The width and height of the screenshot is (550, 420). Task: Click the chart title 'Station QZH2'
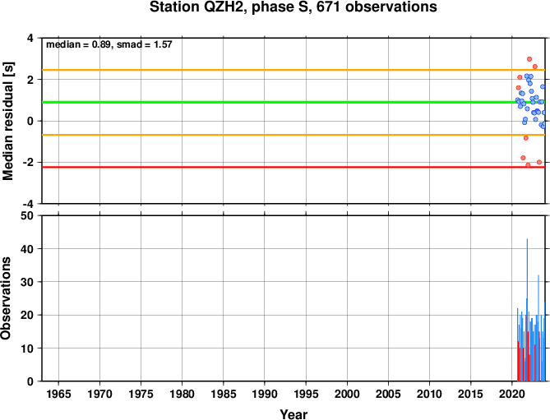tap(198, 7)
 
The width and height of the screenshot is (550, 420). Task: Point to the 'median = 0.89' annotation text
tap(79, 44)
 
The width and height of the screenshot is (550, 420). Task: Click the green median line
tap(293, 103)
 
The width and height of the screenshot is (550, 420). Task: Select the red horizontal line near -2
tap(293, 167)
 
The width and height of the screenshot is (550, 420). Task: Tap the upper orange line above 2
tap(293, 70)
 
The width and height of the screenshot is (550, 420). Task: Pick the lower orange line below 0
tap(293, 135)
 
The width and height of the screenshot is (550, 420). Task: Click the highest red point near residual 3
tap(529, 59)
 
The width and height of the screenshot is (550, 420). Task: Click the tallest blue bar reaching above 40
tap(527, 310)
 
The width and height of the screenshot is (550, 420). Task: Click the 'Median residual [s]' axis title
tap(7, 121)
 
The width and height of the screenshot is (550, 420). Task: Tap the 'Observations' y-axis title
tap(6, 298)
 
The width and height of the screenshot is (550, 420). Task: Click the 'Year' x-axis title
tap(293, 414)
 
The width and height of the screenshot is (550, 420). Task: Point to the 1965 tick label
tap(58, 394)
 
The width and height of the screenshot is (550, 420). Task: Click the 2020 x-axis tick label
tap(511, 394)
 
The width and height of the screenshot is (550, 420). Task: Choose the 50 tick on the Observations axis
tap(27, 215)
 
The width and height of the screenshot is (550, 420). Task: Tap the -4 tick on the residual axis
tap(29, 203)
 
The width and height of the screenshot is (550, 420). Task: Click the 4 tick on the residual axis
tap(31, 38)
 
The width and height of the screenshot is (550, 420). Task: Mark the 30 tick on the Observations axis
tap(27, 282)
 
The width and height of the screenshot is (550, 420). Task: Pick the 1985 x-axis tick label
tap(224, 394)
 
